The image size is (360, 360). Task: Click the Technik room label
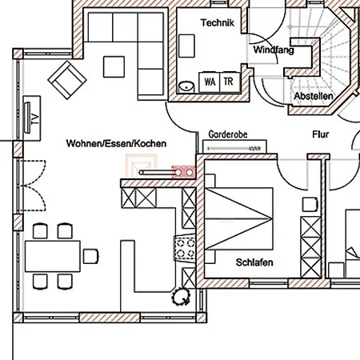coord(218,22)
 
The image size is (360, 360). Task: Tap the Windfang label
coord(274,50)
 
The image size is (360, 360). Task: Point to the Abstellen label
coord(314,96)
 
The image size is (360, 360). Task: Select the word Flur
coord(321,134)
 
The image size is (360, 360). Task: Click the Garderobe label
coord(228,134)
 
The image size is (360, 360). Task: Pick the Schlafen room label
coord(254,262)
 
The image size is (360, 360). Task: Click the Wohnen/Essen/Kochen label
coord(116,143)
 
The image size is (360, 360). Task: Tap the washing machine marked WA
coord(210,82)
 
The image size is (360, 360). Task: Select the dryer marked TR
coord(230,82)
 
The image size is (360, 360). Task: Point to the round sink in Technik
coord(186,86)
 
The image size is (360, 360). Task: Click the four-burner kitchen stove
coord(185,248)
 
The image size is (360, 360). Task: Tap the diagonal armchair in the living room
coord(67,80)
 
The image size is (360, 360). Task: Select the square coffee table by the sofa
coord(114,66)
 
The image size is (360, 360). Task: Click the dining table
coord(53,256)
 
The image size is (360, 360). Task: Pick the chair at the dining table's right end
coord(91,256)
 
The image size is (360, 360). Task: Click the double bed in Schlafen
coord(239,218)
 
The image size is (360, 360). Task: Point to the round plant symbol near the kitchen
coord(182,297)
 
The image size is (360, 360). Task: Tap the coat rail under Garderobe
coord(234,148)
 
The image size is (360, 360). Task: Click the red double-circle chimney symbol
coord(184,173)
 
